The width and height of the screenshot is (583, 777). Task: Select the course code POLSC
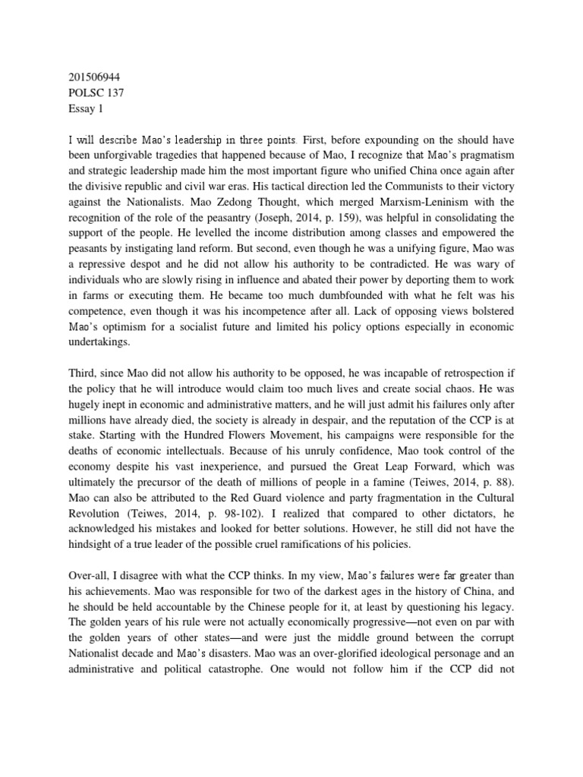point(77,93)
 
